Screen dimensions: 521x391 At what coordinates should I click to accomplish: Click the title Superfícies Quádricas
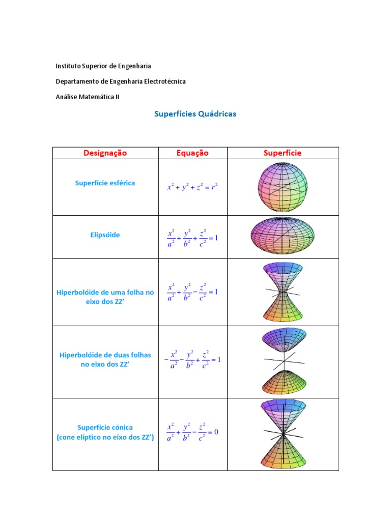coord(195,114)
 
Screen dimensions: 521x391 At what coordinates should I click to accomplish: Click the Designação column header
coord(105,153)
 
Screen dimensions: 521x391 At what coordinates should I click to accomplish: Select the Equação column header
coord(192,153)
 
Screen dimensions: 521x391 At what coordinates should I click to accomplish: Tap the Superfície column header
coord(283,153)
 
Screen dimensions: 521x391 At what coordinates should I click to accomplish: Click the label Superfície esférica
coord(105,183)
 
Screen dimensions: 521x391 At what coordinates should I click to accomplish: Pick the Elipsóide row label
coord(105,235)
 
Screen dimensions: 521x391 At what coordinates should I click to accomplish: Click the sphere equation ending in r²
coord(192,187)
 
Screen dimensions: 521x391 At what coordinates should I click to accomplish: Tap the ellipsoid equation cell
coord(192,237)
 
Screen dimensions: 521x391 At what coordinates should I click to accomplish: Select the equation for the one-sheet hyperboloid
coord(192,292)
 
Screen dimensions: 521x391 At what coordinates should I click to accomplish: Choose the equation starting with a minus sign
coord(192,360)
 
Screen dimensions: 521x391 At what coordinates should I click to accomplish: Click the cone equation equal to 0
coord(192,432)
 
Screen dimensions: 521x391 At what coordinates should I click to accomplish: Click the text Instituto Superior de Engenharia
coord(103,66)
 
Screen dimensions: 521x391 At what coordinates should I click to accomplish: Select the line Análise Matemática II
coord(88,96)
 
